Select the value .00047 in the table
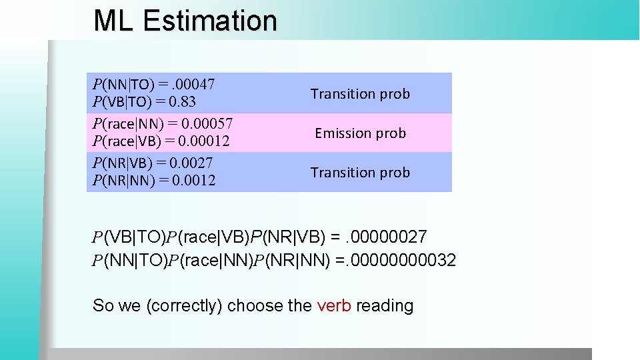pyautogui.click(x=193, y=85)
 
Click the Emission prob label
pyautogui.click(x=360, y=133)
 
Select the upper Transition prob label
pyautogui.click(x=360, y=94)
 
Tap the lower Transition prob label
pyautogui.click(x=360, y=173)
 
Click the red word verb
pyautogui.click(x=334, y=306)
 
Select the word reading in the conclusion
pyautogui.click(x=385, y=306)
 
